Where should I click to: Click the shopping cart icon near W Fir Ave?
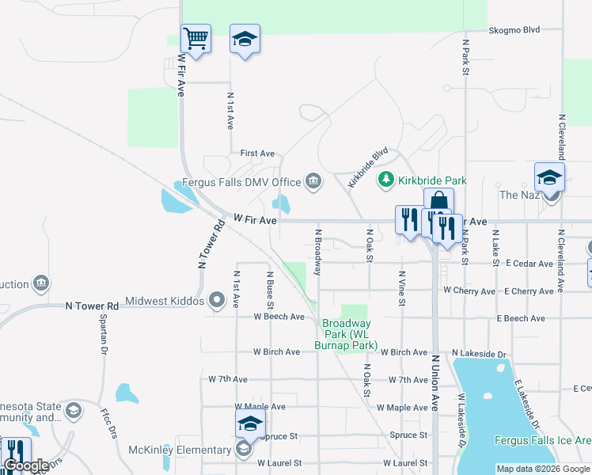point(195,38)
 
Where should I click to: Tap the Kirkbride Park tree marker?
point(386,180)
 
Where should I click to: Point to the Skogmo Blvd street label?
point(514,30)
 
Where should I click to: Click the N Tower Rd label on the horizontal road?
point(92,305)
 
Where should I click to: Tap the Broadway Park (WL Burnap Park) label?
point(347,334)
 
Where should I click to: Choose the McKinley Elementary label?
point(180,450)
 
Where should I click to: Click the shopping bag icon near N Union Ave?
point(438,203)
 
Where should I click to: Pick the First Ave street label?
point(257,153)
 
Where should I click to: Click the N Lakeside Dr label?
point(478,352)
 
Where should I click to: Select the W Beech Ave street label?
point(279,317)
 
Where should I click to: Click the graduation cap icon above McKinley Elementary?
point(250,424)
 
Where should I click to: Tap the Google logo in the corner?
point(26,465)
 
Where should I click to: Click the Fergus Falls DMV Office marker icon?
point(313,182)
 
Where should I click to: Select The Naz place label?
point(518,195)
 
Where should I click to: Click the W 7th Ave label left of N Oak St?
point(230,380)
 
